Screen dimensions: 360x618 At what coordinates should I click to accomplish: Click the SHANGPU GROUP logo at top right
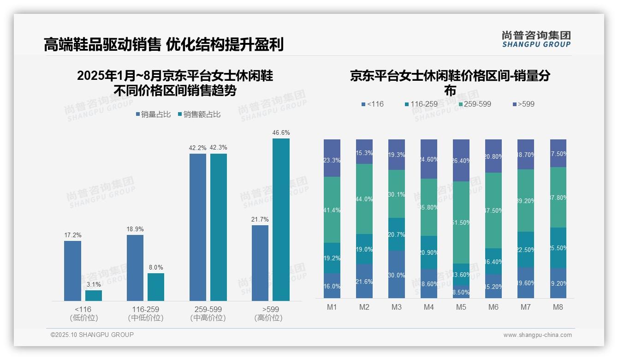click(x=536, y=39)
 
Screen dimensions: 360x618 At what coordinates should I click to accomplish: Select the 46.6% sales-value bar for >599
click(x=281, y=220)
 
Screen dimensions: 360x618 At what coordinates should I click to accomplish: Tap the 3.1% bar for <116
click(x=94, y=295)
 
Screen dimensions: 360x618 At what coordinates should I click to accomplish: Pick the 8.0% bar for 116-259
click(x=156, y=287)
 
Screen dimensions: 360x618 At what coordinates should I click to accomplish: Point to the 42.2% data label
click(x=198, y=148)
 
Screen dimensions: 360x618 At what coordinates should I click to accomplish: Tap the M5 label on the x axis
click(x=461, y=307)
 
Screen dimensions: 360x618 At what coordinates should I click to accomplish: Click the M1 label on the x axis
click(x=332, y=307)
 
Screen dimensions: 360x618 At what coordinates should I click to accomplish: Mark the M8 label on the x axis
click(x=558, y=307)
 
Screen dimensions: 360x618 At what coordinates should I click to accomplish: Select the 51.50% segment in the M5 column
click(x=461, y=222)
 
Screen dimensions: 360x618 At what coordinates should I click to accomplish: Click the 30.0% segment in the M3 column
click(x=397, y=275)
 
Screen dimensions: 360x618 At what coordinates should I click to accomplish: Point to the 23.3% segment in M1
click(x=332, y=158)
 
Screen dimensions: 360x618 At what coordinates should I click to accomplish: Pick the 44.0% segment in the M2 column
click(x=364, y=199)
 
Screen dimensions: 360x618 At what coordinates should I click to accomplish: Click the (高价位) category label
click(x=268, y=318)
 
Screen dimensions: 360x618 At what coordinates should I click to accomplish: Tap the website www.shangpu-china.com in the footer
click(x=537, y=335)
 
